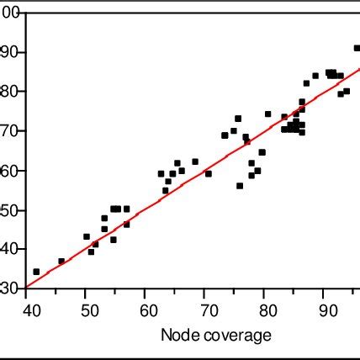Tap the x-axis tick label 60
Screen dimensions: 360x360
145,309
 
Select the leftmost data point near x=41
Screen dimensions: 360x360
36,272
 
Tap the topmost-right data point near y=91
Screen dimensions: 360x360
357,48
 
